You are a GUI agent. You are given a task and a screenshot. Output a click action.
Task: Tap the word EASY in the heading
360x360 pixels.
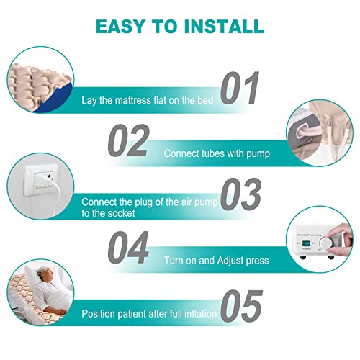[x=121, y=27]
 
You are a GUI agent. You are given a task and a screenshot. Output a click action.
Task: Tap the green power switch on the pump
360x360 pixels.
[x=305, y=248]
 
